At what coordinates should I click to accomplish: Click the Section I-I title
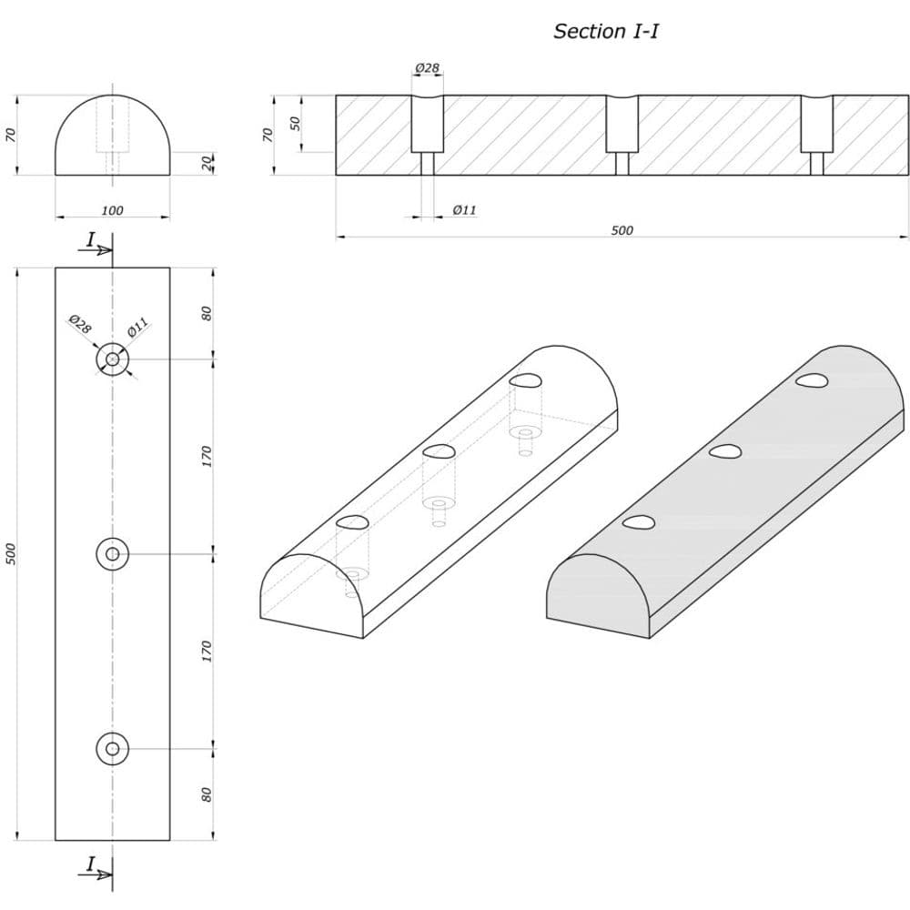(x=606, y=31)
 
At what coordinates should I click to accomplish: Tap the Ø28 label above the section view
(x=427, y=68)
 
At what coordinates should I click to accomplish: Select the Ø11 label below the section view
(x=464, y=210)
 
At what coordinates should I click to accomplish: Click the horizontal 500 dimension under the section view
(x=622, y=230)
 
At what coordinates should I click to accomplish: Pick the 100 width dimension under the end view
(x=112, y=211)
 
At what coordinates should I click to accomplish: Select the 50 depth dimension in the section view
(x=296, y=123)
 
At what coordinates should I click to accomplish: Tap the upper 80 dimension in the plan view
(x=207, y=313)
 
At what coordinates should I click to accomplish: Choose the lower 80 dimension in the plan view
(x=207, y=794)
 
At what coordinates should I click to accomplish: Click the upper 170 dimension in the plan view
(x=207, y=456)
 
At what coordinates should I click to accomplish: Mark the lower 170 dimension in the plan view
(x=207, y=651)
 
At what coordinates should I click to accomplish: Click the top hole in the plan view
(x=112, y=359)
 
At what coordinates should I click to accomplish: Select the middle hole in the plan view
(x=112, y=553)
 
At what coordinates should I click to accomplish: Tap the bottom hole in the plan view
(x=112, y=749)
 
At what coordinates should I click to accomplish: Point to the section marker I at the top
(x=91, y=240)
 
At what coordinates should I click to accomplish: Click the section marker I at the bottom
(x=91, y=864)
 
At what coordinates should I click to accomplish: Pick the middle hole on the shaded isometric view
(x=725, y=451)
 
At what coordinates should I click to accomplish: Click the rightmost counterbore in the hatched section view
(x=816, y=125)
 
